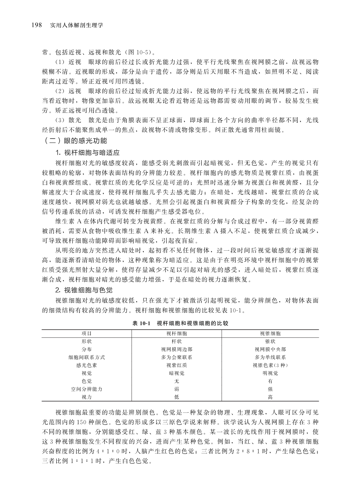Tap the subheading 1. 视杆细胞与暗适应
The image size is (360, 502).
click(x=87, y=152)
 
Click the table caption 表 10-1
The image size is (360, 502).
click(x=141, y=324)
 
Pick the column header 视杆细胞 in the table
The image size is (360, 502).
click(x=177, y=333)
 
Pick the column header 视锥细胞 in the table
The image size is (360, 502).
click(x=270, y=333)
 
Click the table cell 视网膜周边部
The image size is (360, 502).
click(x=177, y=349)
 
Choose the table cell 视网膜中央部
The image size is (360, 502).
click(x=270, y=349)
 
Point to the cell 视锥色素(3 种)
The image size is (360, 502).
click(x=270, y=365)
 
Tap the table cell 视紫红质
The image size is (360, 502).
click(x=177, y=365)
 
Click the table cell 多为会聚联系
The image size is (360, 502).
click(x=177, y=357)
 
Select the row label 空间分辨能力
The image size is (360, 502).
click(x=87, y=389)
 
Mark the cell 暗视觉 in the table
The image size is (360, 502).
click(x=177, y=373)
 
